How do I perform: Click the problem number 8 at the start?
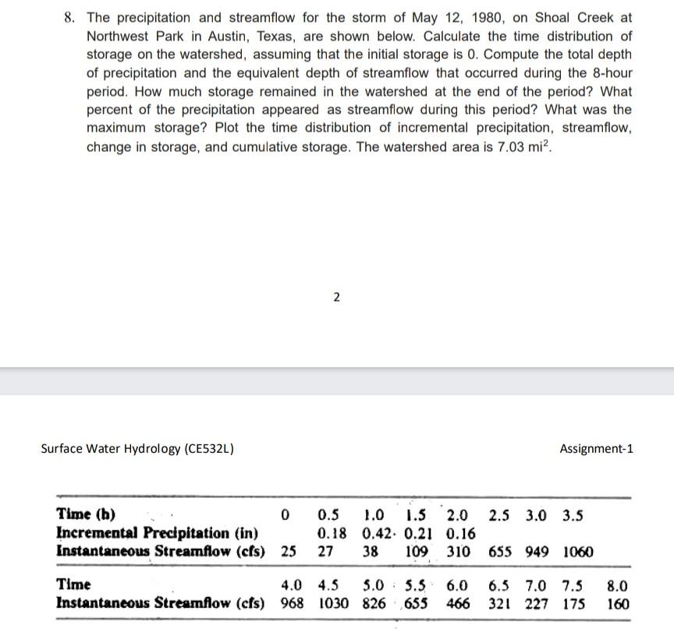pos(69,17)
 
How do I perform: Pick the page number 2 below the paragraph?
pos(335,296)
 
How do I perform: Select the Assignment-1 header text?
pos(597,448)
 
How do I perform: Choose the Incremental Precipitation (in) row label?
pos(157,533)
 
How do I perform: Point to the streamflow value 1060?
pos(577,552)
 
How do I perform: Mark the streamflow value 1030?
pos(335,602)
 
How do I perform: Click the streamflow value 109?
pos(415,552)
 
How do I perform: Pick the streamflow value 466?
pos(457,602)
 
